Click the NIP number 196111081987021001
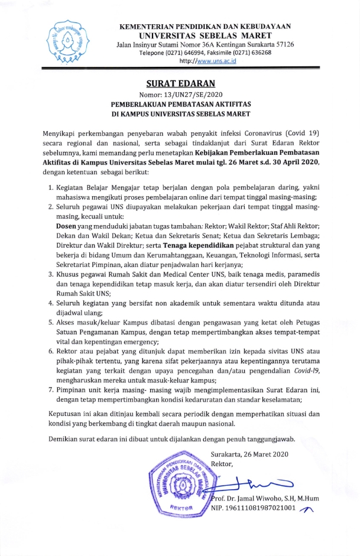(262, 512)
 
